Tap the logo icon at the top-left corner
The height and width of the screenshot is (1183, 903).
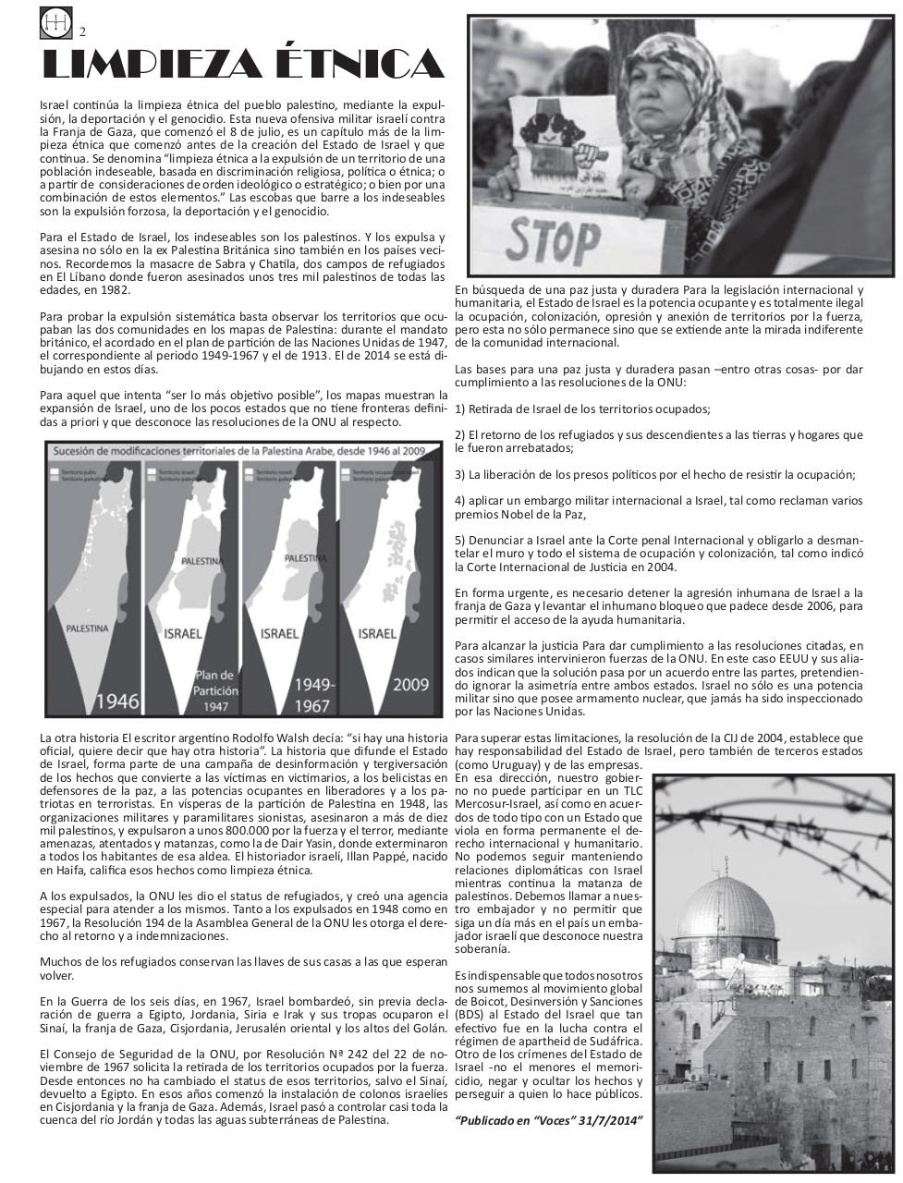pyautogui.click(x=54, y=22)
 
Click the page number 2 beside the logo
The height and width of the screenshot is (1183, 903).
pyautogui.click(x=83, y=31)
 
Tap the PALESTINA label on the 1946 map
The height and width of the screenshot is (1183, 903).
pyautogui.click(x=87, y=628)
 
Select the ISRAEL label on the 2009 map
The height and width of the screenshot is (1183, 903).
pyautogui.click(x=377, y=634)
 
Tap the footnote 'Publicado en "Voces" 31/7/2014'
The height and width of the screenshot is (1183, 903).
pyautogui.click(x=549, y=1121)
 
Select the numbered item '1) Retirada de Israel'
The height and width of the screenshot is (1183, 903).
pyautogui.click(x=582, y=409)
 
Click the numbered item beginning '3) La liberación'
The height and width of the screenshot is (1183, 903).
pyautogui.click(x=654, y=475)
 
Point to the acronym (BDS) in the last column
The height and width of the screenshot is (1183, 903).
pyautogui.click(x=473, y=1014)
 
